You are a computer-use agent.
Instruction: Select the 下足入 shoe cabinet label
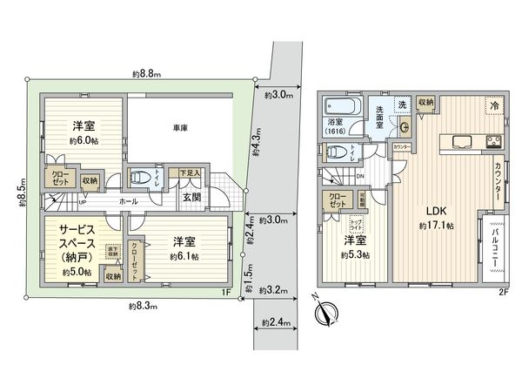click(190, 173)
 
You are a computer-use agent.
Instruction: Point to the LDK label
click(436, 211)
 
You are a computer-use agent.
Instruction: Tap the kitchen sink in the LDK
click(459, 142)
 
